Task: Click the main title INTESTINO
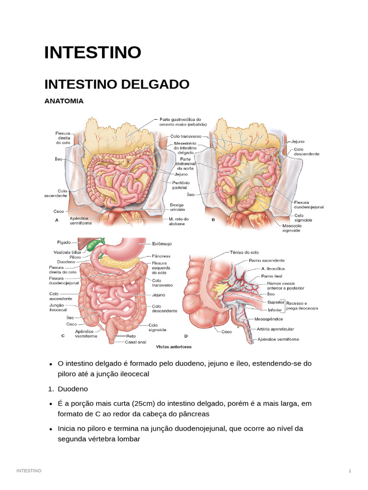click(x=92, y=52)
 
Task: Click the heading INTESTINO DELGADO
click(x=116, y=84)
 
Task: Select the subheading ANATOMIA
click(x=64, y=101)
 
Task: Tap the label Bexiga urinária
click(x=177, y=207)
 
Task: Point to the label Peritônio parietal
click(x=181, y=186)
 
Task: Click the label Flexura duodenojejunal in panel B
click(x=309, y=204)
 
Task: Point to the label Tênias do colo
click(x=244, y=252)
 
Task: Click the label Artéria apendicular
click(x=275, y=329)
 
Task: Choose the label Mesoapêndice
click(x=268, y=319)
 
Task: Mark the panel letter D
click(x=186, y=336)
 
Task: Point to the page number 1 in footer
click(x=350, y=471)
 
